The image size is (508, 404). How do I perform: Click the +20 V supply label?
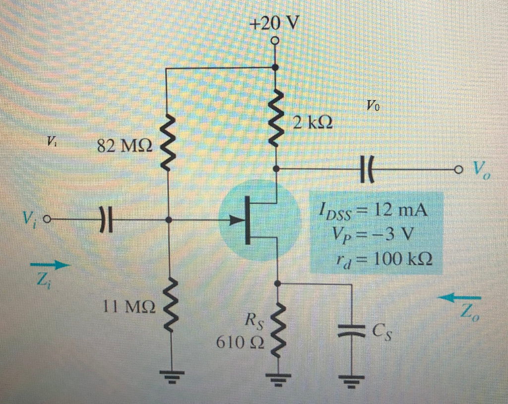274,23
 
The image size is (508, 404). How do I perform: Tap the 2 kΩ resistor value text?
312,121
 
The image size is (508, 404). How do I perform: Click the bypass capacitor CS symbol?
351,331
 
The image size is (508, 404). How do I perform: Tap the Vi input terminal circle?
47,219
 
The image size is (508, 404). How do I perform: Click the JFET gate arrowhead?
234,219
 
